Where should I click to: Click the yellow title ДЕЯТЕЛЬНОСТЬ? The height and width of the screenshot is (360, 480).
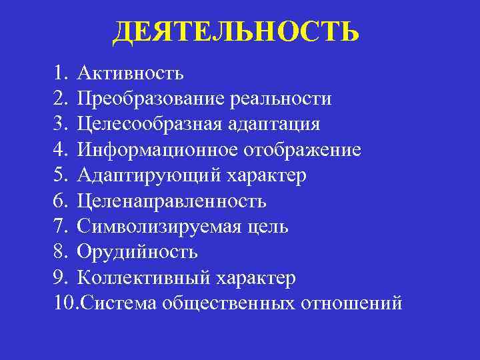pos(235,31)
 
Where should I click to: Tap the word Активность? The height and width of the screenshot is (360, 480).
pos(130,72)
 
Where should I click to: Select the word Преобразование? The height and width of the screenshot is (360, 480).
pos(151,99)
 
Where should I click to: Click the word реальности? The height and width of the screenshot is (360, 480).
pos(280,99)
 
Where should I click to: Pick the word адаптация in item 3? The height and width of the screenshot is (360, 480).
pos(273,125)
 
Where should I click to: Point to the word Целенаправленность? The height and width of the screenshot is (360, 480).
pos(171,201)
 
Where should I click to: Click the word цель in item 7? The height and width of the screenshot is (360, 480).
pos(267,227)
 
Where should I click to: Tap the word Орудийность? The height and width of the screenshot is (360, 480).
pos(137,252)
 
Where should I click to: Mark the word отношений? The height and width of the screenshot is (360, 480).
pos(352,303)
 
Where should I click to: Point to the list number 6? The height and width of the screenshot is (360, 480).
pos(63,201)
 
